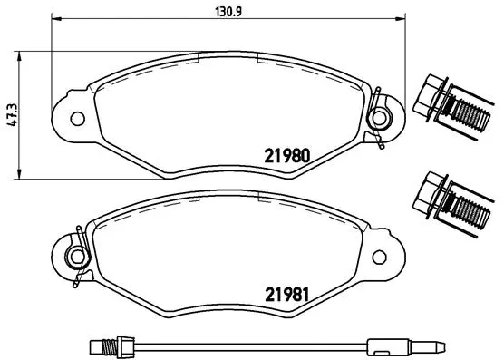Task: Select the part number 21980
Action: pos(287,154)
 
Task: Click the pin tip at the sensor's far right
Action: pos(441,345)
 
